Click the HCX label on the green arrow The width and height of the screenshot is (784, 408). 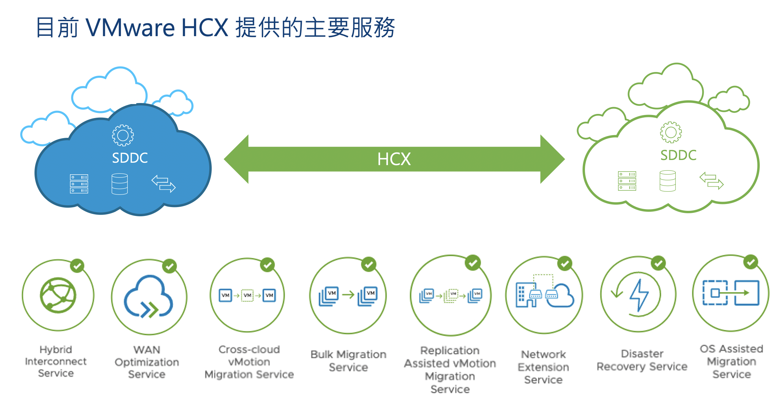pos(394,159)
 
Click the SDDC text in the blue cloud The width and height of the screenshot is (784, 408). pos(130,158)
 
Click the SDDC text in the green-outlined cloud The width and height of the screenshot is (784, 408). pos(678,155)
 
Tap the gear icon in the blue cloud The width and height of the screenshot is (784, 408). pos(123,135)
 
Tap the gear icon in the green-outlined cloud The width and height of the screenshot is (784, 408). pos(671,132)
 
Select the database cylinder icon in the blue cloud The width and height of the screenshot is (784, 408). pos(120,184)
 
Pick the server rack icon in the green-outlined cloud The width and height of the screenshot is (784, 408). pos(627,181)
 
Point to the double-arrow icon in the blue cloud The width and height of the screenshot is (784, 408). pos(164,184)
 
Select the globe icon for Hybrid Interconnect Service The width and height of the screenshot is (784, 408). pos(58,295)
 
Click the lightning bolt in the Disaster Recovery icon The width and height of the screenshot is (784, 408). pos(639,295)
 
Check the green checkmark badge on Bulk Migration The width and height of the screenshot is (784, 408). pos(369,264)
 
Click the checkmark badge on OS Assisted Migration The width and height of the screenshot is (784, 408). pos(751,262)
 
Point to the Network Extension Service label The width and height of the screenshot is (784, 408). pos(543,367)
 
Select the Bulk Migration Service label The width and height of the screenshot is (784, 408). pos(348,361)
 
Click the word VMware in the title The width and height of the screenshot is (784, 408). pos(130,28)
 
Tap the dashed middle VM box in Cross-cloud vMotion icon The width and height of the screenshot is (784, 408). pos(248,295)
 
